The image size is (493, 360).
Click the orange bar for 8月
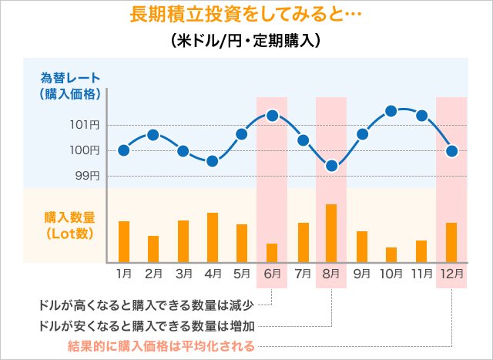(331, 234)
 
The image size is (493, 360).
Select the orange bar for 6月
(272, 254)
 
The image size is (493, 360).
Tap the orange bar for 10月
(391, 255)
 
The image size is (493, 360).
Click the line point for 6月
(272, 116)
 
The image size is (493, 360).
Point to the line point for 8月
(332, 166)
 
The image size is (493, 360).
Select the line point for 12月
(452, 150)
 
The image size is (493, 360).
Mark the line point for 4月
(213, 161)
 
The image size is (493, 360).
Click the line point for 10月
(391, 111)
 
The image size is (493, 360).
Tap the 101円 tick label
(89, 125)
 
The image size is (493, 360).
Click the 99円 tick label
(89, 176)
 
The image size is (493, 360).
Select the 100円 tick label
(89, 150)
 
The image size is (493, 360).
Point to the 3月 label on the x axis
(183, 273)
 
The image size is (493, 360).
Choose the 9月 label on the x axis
(362, 273)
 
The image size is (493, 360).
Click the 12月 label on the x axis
(451, 273)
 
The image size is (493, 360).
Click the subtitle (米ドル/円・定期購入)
(246, 40)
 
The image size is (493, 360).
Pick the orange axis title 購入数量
(69, 218)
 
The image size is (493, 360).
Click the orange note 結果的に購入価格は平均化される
(161, 345)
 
